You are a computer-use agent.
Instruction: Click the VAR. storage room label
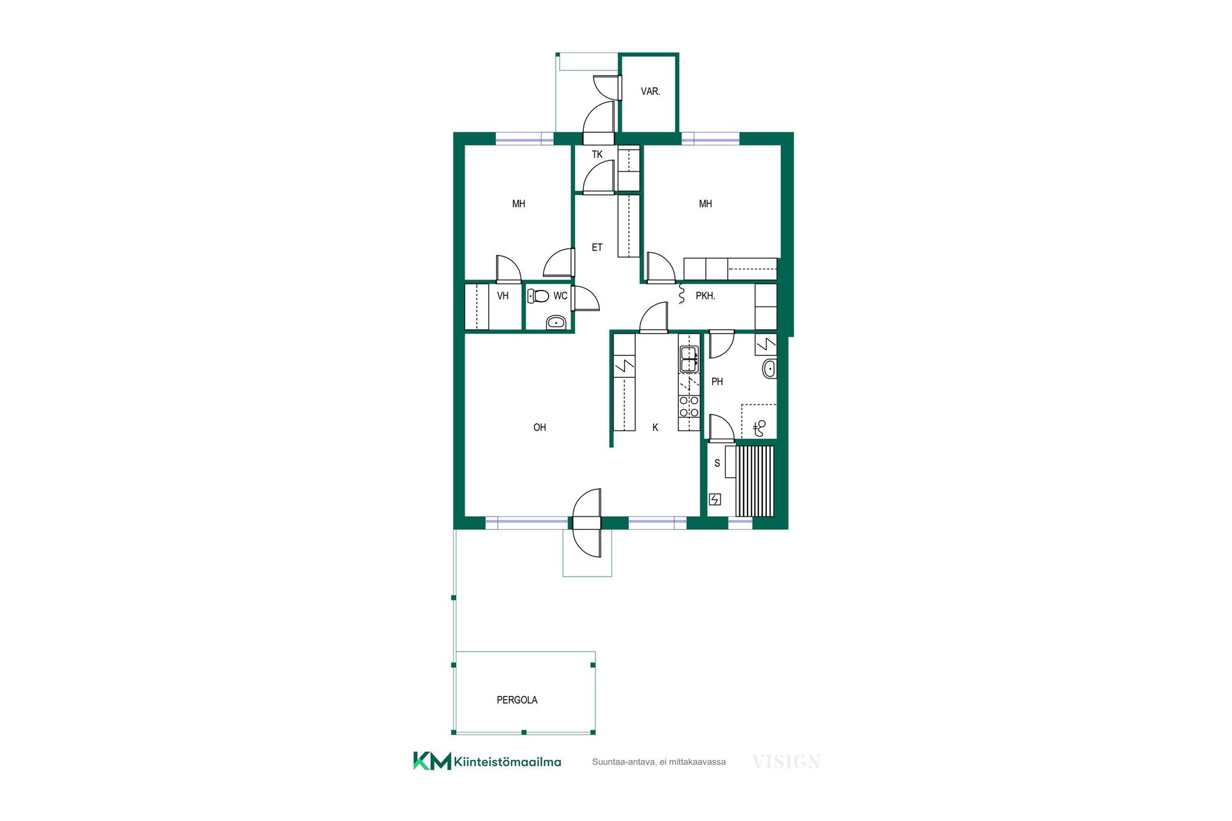(650, 92)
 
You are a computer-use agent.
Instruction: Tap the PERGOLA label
(517, 700)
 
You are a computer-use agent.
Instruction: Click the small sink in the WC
(556, 322)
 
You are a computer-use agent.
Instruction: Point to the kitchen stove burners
(689, 407)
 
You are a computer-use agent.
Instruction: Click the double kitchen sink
(689, 359)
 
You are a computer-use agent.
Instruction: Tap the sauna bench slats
(755, 481)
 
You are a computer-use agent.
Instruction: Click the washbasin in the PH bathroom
(769, 369)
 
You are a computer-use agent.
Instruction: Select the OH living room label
(540, 427)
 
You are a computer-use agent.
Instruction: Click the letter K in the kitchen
(655, 427)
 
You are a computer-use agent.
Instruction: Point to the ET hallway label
(597, 247)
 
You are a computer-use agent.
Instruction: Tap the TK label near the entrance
(597, 155)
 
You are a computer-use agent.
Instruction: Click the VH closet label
(502, 296)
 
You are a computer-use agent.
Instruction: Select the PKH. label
(705, 296)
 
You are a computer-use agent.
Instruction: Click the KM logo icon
(432, 761)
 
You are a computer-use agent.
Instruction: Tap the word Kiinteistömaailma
(508, 762)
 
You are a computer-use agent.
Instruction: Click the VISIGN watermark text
(786, 762)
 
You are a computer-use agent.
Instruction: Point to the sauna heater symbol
(715, 499)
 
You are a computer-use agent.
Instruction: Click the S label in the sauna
(717, 463)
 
